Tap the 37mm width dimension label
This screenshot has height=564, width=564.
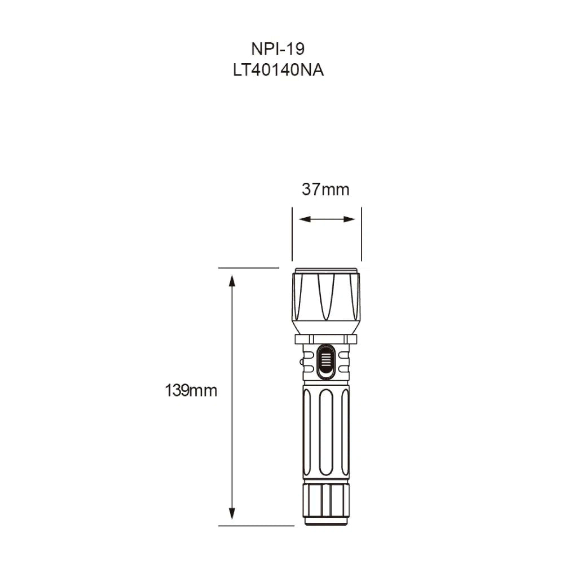coord(325,190)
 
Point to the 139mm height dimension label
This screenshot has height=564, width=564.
coord(191,390)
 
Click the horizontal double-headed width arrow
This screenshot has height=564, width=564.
coord(327,219)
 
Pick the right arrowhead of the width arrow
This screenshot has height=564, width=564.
coord(352,219)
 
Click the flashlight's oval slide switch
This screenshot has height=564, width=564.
coord(326,362)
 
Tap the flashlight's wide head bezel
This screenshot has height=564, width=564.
coord(327,299)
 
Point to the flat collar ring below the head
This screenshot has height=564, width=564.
coord(327,338)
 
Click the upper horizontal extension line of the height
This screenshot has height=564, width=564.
coord(248,267)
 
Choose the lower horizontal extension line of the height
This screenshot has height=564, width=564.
coord(254,526)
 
